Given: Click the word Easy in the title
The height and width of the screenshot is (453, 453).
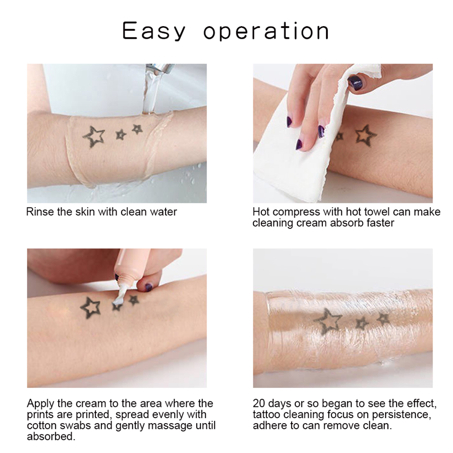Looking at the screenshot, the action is pyautogui.click(x=154, y=31).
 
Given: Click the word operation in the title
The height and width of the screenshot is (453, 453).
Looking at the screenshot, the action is pyautogui.click(x=266, y=31).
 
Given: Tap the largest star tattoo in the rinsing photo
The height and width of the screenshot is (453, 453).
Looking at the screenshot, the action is pyautogui.click(x=94, y=137).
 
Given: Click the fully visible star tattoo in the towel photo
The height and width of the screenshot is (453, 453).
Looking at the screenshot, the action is pyautogui.click(x=365, y=134).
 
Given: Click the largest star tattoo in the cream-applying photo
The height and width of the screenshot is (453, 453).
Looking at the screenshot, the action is pyautogui.click(x=90, y=308).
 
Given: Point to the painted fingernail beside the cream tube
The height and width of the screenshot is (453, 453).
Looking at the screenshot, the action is pyautogui.click(x=148, y=288).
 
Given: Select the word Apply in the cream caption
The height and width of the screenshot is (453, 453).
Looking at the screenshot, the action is pyautogui.click(x=41, y=403).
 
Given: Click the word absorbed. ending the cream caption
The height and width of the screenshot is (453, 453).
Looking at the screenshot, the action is pyautogui.click(x=51, y=436).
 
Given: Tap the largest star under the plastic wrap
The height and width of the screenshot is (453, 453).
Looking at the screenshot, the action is pyautogui.click(x=328, y=320).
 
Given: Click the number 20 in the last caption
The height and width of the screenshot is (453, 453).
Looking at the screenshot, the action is pyautogui.click(x=259, y=403).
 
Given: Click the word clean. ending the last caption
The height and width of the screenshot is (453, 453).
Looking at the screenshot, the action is pyautogui.click(x=378, y=425).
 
